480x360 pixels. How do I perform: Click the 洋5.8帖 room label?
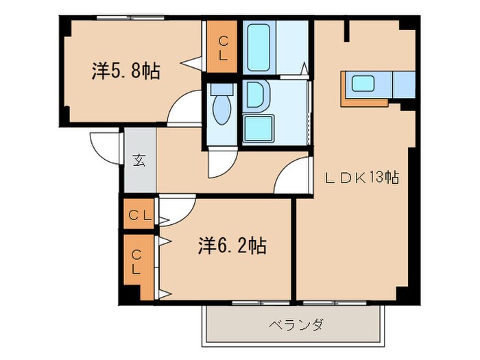coord(125,71)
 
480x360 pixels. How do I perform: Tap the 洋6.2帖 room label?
coord(233,245)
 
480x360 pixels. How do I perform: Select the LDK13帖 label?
coord(362,178)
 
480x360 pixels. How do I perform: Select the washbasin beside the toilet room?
coord(255,95)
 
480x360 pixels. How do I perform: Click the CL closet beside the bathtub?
coord(221,46)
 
